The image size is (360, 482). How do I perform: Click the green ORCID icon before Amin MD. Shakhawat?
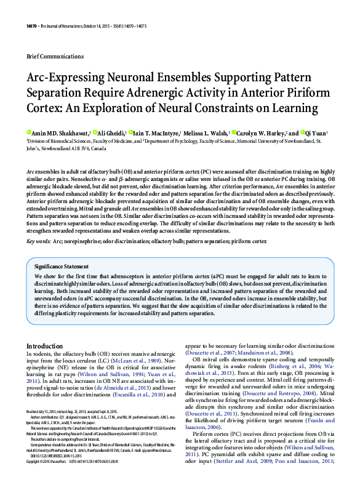(x=29, y=133)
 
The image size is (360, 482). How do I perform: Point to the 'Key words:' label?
(x=38, y=241)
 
